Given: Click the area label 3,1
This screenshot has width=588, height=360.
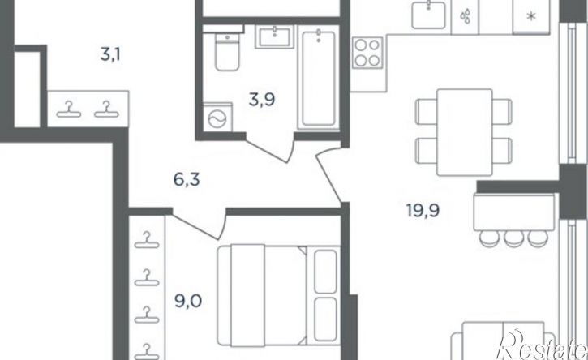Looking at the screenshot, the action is pyautogui.click(x=110, y=55).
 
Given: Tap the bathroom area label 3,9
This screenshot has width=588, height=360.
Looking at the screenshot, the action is pyautogui.click(x=262, y=100).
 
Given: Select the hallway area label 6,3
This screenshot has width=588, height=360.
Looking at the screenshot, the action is pyautogui.click(x=187, y=180).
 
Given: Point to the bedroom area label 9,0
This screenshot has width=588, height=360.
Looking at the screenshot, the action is pyautogui.click(x=189, y=301).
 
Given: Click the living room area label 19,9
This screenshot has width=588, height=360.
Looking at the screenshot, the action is pyautogui.click(x=423, y=210).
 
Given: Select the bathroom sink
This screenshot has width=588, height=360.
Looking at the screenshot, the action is pyautogui.click(x=274, y=36).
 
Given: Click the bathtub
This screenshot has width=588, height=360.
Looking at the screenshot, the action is pyautogui.click(x=319, y=79).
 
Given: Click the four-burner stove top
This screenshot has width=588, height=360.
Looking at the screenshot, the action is pyautogui.click(x=367, y=52).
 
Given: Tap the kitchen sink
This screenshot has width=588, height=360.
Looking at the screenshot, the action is pyautogui.click(x=428, y=15).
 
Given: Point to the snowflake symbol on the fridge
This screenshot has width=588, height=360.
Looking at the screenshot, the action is pyautogui.click(x=530, y=16).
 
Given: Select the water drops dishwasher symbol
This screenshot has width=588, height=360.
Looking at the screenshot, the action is pyautogui.click(x=466, y=16).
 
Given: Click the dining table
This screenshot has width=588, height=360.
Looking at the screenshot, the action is pyautogui.click(x=465, y=132).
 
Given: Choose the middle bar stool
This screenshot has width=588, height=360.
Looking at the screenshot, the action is pyautogui.click(x=514, y=238).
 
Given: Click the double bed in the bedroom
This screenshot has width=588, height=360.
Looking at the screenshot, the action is pyautogui.click(x=279, y=295).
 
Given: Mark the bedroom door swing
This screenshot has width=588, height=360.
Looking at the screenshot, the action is pyautogui.click(x=199, y=225).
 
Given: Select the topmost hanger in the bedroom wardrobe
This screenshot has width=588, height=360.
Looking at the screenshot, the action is pyautogui.click(x=147, y=241).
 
